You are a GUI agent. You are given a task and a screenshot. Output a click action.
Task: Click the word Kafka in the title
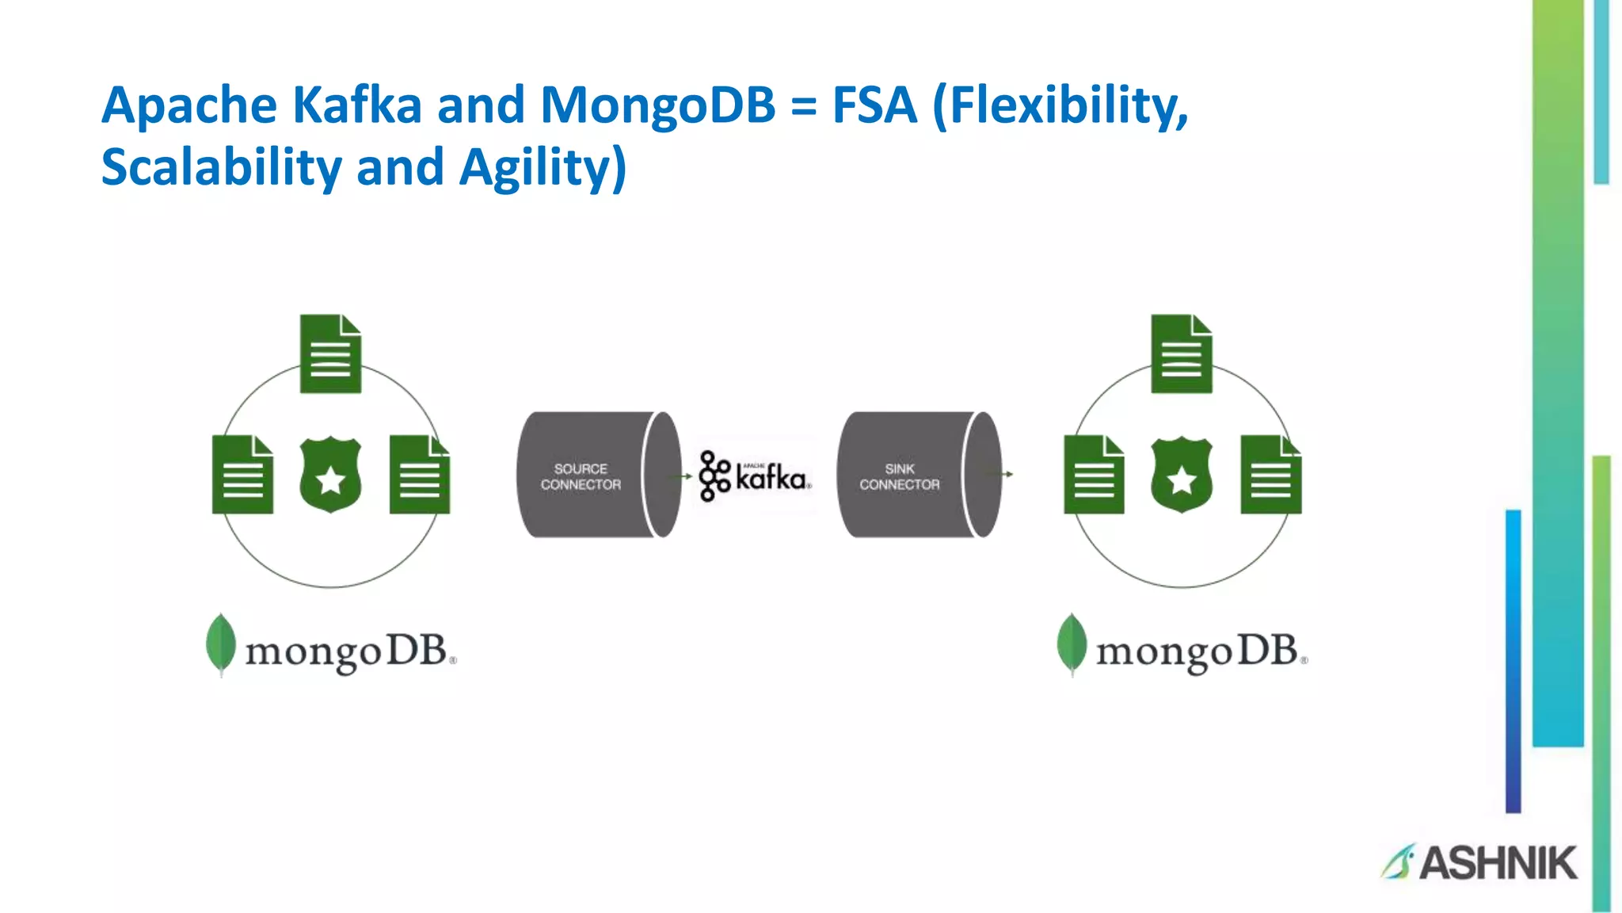tap(356, 105)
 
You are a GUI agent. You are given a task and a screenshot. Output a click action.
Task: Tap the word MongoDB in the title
tap(657, 105)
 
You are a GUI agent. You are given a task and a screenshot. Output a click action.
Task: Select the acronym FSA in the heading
tap(874, 105)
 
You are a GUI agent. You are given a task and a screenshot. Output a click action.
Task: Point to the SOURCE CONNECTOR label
tap(581, 476)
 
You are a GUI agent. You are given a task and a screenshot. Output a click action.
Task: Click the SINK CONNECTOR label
tap(899, 476)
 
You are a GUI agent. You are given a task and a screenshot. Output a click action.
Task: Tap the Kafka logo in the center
tap(754, 476)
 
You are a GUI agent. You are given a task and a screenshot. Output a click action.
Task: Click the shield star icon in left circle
tap(330, 476)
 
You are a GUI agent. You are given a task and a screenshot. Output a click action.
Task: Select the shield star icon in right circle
tap(1181, 476)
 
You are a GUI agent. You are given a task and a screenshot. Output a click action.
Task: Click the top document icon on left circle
tap(330, 354)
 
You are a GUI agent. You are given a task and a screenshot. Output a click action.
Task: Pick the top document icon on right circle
tap(1181, 354)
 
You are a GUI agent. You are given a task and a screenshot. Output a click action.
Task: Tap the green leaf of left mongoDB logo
tap(221, 644)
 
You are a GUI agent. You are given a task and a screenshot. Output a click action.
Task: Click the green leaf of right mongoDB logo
tap(1072, 644)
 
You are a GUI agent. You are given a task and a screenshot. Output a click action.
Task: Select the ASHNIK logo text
tap(1497, 862)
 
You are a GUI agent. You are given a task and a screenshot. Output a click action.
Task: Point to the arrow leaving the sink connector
tap(1001, 474)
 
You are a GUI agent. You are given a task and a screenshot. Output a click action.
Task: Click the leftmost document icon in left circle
tap(242, 475)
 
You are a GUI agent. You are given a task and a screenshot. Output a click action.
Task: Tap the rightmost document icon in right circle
tap(1270, 475)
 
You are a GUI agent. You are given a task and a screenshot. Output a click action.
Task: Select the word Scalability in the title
tap(221, 167)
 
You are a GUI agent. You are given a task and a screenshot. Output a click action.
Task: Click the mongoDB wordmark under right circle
tap(1196, 651)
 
